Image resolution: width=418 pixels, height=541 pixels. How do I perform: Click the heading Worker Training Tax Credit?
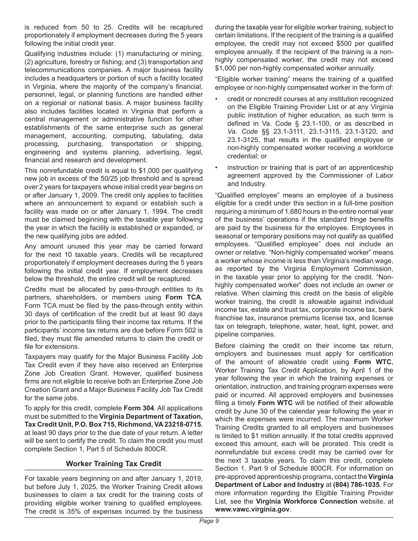(114, 464)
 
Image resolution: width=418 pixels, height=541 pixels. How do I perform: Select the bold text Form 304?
(139, 408)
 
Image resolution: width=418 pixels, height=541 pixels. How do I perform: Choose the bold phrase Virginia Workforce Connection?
(306, 501)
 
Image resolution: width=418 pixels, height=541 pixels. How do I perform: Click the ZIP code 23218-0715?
(183, 424)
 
